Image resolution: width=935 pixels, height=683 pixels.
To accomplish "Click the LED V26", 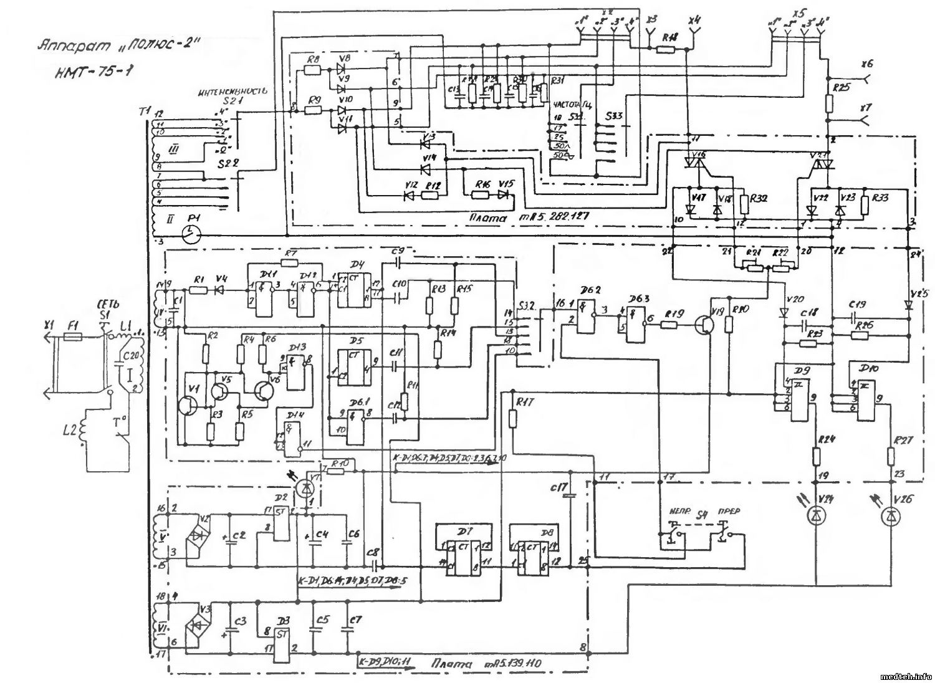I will tap(889, 515).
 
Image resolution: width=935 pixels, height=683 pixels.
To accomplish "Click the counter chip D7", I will tap(461, 551).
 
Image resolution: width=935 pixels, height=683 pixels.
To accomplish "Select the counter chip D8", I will tap(530, 551).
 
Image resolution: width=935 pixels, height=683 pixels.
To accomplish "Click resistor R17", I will tap(512, 417).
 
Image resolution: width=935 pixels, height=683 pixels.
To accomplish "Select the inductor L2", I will tap(83, 437).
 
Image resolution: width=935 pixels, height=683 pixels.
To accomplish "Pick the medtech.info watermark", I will tap(904, 676).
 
